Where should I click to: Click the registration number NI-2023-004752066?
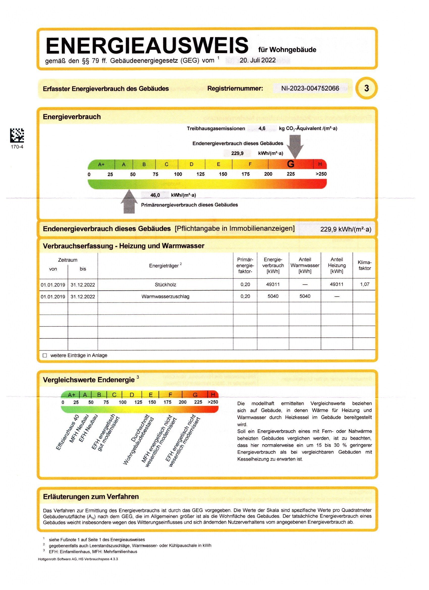pos(310,88)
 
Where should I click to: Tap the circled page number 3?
pos(366,88)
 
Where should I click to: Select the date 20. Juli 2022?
pos(257,60)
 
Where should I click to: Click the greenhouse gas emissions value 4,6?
pos(262,128)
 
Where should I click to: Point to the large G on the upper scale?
pos(290,164)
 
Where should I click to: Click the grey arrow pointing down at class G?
pos(295,146)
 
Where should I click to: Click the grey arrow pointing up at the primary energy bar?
pos(129,202)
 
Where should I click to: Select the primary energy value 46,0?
pos(155,195)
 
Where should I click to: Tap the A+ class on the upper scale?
pos(101,164)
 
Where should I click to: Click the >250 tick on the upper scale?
pos(321,174)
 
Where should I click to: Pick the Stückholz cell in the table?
pos(165,285)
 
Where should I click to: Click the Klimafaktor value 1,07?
pos(364,284)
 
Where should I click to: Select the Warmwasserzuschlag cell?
pos(165,296)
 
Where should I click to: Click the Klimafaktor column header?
pos(364,265)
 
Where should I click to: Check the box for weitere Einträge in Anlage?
pos(45,355)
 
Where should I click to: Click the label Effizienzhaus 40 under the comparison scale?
pos(67,432)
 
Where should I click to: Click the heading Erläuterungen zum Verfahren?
pos(91,496)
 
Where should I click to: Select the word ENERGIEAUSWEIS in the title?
pos(147,46)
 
